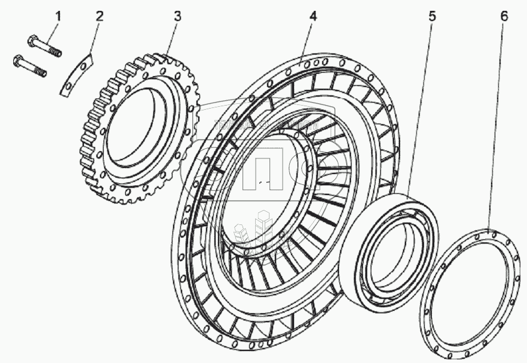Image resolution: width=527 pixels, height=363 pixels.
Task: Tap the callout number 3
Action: [x=177, y=16]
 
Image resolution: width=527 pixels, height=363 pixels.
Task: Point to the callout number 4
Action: [x=313, y=16]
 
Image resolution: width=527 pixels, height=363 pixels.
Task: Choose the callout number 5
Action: [x=431, y=16]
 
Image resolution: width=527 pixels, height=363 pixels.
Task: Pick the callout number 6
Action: [x=504, y=16]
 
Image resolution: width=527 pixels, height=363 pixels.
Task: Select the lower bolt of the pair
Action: [x=30, y=65]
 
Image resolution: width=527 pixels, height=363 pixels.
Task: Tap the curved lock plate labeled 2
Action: [x=77, y=73]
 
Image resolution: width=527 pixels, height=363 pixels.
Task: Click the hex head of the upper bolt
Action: [x=33, y=41]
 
